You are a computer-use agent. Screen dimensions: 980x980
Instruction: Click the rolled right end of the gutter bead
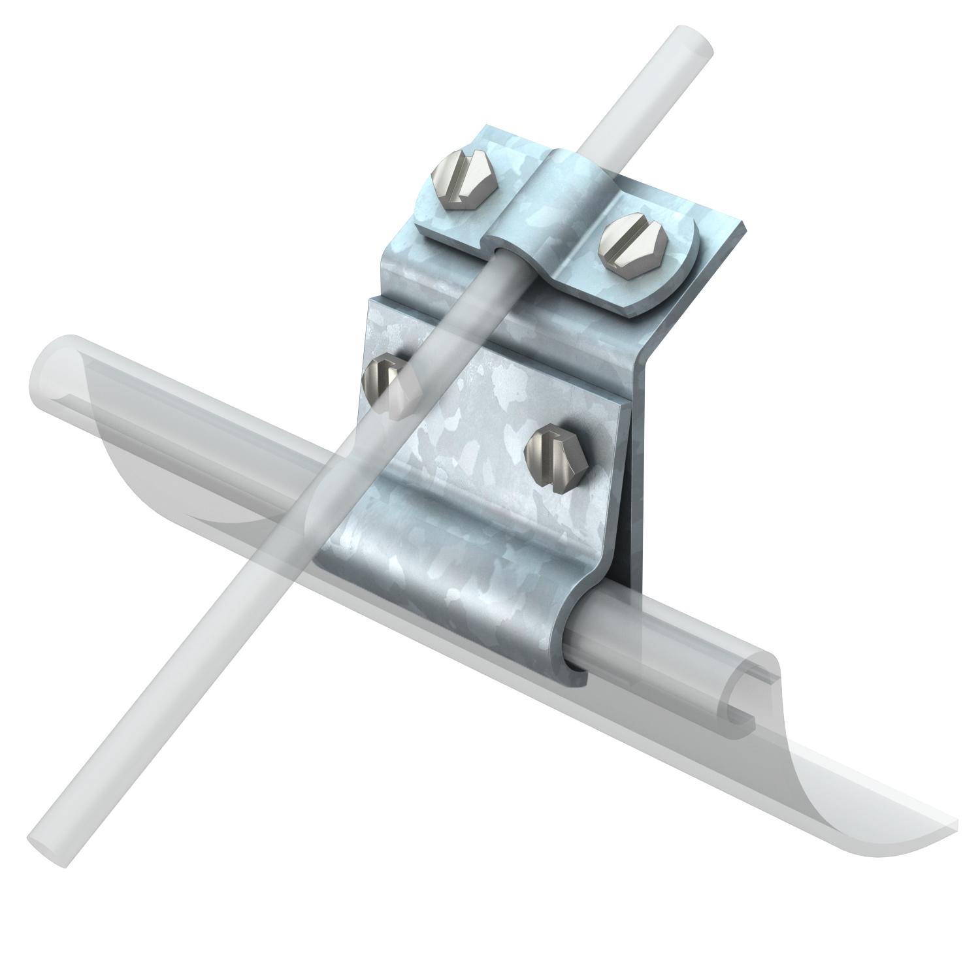745,712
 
